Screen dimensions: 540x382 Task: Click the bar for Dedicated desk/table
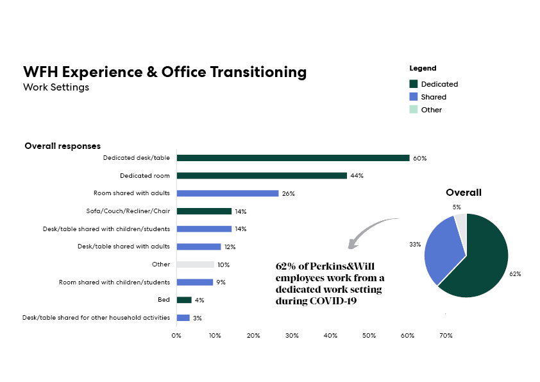[293, 158]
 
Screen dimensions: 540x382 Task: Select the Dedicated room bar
[262, 175]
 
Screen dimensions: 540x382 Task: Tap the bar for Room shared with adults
[228, 193]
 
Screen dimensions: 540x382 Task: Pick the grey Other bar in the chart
[196, 265]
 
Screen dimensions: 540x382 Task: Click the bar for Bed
[184, 300]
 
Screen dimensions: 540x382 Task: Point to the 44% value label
[357, 176]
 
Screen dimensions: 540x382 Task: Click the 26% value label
[288, 194]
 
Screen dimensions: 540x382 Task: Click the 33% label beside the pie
[415, 245]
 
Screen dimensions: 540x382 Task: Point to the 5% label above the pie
[457, 207]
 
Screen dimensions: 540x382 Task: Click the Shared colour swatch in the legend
[413, 97]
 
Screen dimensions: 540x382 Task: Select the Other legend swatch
[413, 110]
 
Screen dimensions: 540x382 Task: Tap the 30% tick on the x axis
[292, 336]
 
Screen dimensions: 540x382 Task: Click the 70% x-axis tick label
[446, 336]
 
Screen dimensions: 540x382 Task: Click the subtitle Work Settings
[56, 87]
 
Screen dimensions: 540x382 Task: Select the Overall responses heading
[63, 146]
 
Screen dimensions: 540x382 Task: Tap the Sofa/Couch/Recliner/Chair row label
[128, 211]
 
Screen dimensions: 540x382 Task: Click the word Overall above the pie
[464, 193]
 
